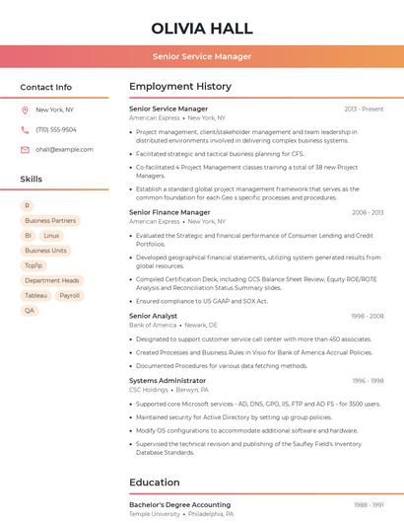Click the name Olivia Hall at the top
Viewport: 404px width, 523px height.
(x=202, y=29)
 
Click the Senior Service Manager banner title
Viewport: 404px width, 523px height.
(x=202, y=56)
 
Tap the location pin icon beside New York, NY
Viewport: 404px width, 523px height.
(x=25, y=110)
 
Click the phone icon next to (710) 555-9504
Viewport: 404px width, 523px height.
(x=25, y=129)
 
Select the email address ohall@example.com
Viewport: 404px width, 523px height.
(x=64, y=149)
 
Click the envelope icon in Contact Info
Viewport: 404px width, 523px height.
(x=25, y=149)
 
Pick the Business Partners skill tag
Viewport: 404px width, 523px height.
(x=50, y=221)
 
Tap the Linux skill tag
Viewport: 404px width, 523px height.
(x=51, y=236)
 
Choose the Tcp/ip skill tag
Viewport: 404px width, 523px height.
(x=34, y=265)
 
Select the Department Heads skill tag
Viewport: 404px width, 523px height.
(x=51, y=280)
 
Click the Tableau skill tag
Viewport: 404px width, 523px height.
(x=36, y=295)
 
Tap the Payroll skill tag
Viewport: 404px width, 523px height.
(x=69, y=295)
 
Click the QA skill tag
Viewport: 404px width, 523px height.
(x=30, y=310)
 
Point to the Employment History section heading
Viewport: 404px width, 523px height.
(x=179, y=87)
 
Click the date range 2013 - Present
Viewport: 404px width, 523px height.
(x=364, y=109)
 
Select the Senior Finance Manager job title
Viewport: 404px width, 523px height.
(x=169, y=212)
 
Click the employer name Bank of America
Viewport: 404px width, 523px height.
(x=153, y=325)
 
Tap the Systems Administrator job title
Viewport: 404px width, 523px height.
(x=168, y=380)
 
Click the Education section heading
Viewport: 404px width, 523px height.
(x=154, y=482)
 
